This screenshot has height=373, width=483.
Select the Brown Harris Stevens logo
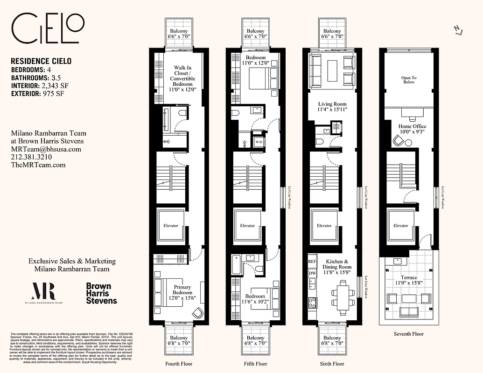(101, 293)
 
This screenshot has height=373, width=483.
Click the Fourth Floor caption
(179, 364)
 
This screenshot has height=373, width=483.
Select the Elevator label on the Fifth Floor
(247, 226)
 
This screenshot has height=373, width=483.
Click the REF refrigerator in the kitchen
(312, 262)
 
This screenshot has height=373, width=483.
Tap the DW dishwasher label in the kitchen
(312, 273)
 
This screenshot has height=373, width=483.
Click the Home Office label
(412, 126)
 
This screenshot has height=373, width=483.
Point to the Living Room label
(332, 104)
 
